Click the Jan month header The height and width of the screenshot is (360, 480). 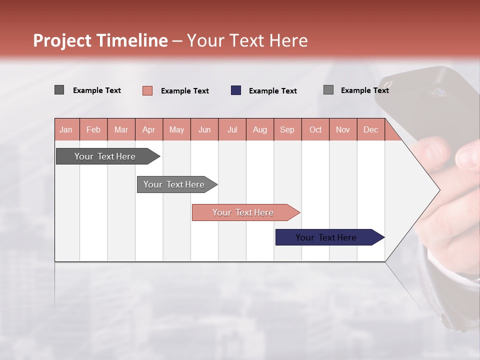coord(66,129)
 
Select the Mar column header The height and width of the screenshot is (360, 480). coord(121,129)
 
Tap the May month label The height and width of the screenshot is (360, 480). coord(176,129)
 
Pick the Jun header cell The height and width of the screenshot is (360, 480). coord(204,129)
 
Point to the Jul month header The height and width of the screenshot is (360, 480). coord(232,129)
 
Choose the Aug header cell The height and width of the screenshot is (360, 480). coord(260,129)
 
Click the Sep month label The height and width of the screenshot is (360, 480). coord(287,129)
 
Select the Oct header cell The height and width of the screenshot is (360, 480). coord(315,129)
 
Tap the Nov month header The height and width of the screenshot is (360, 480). coord(343,129)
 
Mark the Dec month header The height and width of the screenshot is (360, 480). coord(370,129)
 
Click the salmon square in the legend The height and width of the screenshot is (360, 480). coord(147,90)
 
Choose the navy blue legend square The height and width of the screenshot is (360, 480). coord(236,90)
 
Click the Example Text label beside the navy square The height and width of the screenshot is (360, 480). coord(273,91)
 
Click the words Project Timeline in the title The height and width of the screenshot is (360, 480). coord(100,40)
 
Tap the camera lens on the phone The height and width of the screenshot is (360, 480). coord(440,92)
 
